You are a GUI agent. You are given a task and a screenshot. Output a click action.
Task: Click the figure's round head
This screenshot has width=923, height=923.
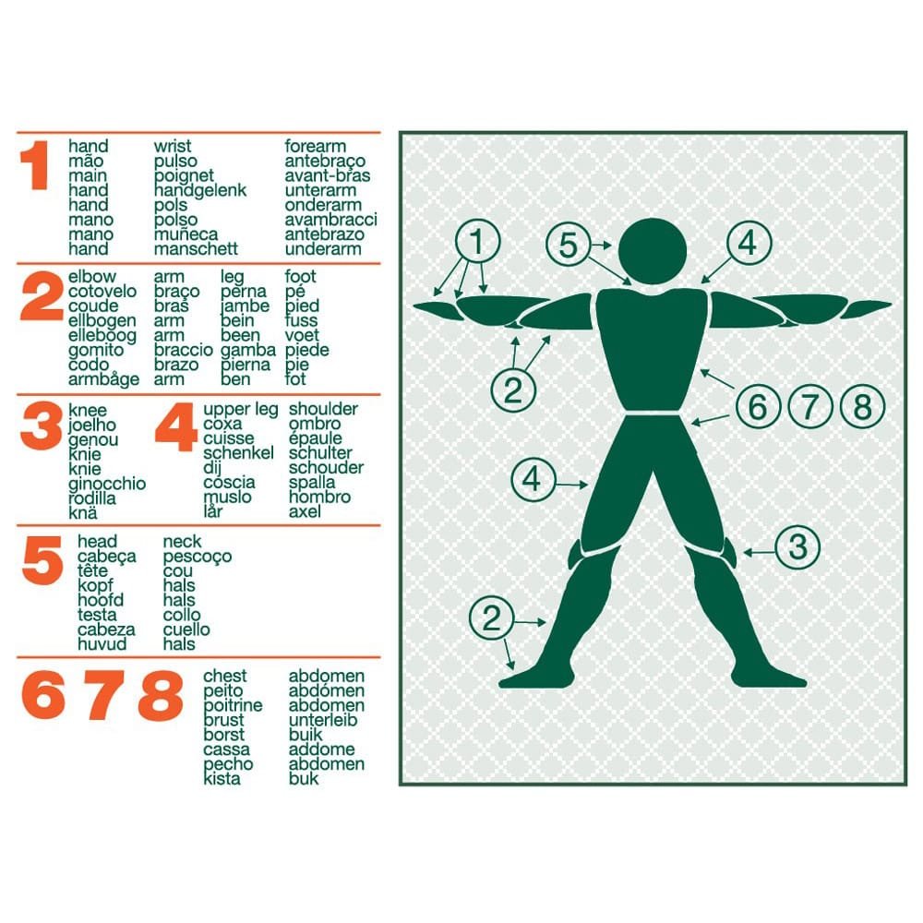click(x=653, y=251)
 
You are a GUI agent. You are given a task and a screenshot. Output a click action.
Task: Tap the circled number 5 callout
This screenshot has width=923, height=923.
click(x=568, y=245)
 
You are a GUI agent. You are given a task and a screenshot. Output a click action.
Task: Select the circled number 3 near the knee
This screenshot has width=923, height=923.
click(x=797, y=546)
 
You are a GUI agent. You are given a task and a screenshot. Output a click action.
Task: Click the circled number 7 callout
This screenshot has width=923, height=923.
click(x=810, y=406)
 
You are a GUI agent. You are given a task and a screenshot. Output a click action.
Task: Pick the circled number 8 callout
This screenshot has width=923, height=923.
click(x=862, y=406)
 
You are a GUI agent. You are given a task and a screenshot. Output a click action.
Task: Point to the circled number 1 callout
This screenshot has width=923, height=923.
click(x=477, y=241)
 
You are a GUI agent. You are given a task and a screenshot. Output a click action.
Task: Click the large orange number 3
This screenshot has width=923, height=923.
click(x=42, y=426)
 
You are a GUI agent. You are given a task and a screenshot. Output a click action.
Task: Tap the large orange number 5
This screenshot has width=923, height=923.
click(x=42, y=560)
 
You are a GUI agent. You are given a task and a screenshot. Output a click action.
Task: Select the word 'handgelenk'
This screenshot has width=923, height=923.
click(x=200, y=190)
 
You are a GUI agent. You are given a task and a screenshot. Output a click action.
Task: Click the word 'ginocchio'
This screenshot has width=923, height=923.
click(x=107, y=484)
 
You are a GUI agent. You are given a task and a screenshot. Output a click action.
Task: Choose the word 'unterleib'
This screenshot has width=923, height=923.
click(x=322, y=719)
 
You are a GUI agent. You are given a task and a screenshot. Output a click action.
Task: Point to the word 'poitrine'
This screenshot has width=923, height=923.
click(x=233, y=705)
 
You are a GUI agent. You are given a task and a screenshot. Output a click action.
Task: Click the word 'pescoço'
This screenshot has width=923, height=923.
click(x=198, y=557)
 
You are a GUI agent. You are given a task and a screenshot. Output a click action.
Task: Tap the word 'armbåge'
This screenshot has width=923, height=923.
click(x=103, y=379)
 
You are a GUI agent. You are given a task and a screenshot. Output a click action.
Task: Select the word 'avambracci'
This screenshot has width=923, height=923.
click(x=330, y=220)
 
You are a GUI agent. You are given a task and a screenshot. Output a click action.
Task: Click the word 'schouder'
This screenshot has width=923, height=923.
click(x=326, y=467)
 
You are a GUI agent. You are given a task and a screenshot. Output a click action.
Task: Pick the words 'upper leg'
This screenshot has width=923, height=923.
click(x=240, y=409)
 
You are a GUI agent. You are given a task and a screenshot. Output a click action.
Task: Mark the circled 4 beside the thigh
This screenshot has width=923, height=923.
click(x=533, y=479)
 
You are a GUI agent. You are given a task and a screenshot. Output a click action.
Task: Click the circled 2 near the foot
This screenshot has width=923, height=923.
click(x=492, y=618)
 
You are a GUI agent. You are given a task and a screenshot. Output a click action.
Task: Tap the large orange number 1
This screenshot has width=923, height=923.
click(x=35, y=165)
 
